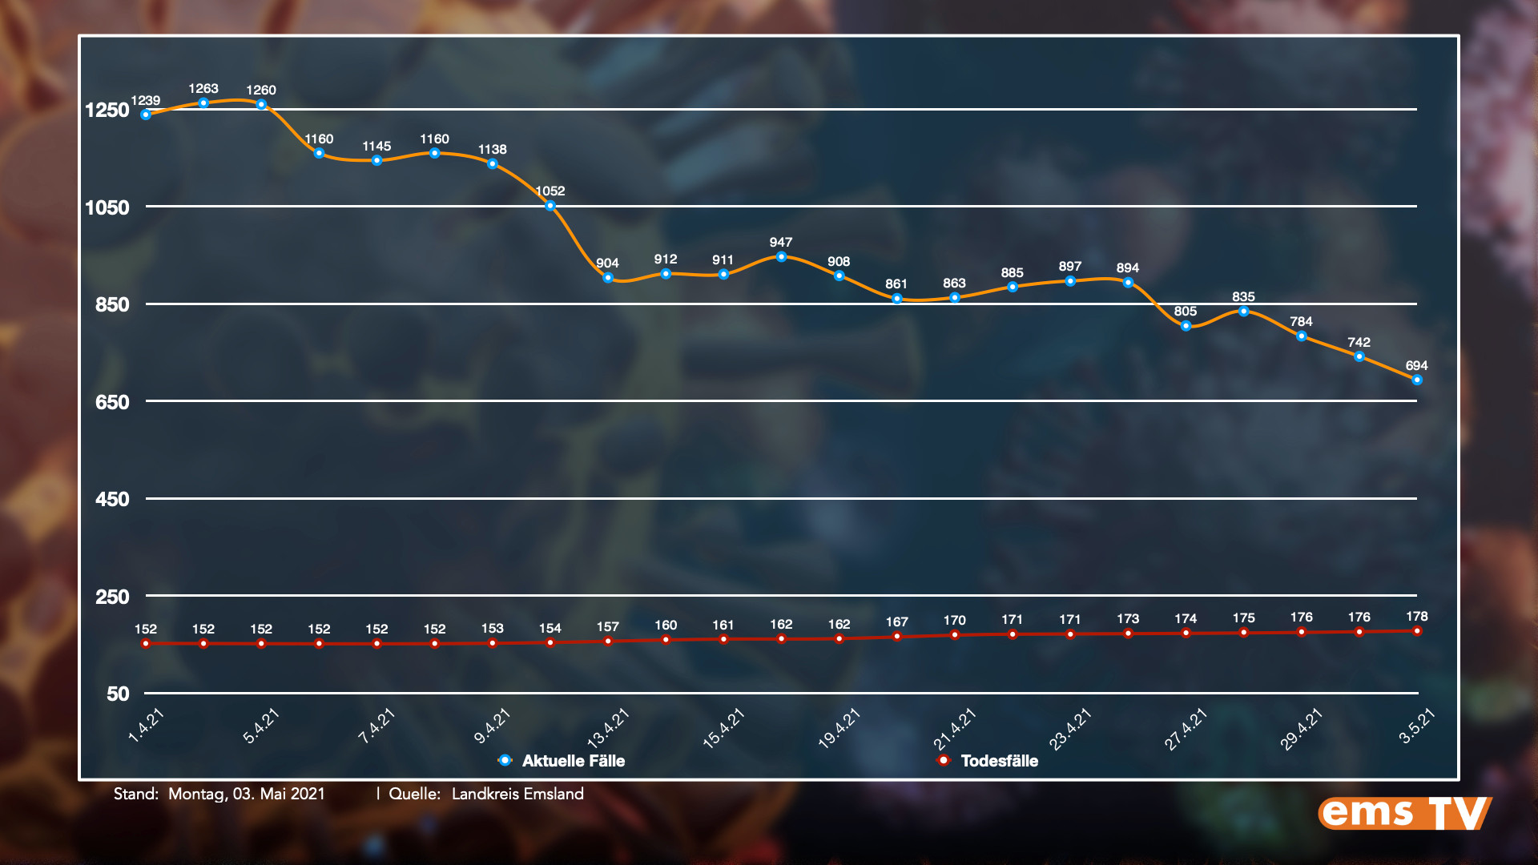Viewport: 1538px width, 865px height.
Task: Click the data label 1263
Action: (x=203, y=89)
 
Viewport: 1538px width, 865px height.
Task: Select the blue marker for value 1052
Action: (x=550, y=206)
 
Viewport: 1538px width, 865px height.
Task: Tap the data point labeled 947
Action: (x=781, y=257)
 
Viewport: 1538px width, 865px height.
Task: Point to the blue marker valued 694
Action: (x=1417, y=380)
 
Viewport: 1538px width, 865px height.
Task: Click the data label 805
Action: (x=1186, y=312)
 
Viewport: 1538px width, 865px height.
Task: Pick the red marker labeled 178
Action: (x=1417, y=631)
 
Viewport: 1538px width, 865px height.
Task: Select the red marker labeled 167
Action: (x=897, y=637)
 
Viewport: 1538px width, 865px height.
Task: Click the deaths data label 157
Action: (x=608, y=627)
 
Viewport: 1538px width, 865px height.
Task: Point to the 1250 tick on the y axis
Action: (x=107, y=110)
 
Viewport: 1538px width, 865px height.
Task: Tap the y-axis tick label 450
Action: (x=112, y=500)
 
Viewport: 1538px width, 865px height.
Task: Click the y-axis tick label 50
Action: (x=118, y=694)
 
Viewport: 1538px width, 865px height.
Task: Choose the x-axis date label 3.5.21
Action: (x=1417, y=726)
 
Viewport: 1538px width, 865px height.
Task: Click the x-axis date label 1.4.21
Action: (x=147, y=726)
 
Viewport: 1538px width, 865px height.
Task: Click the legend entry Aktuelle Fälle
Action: (x=573, y=761)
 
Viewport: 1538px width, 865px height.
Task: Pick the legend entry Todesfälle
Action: (x=999, y=761)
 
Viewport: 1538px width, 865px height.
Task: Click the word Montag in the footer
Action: (x=196, y=794)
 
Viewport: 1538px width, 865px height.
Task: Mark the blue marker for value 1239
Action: (x=146, y=115)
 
